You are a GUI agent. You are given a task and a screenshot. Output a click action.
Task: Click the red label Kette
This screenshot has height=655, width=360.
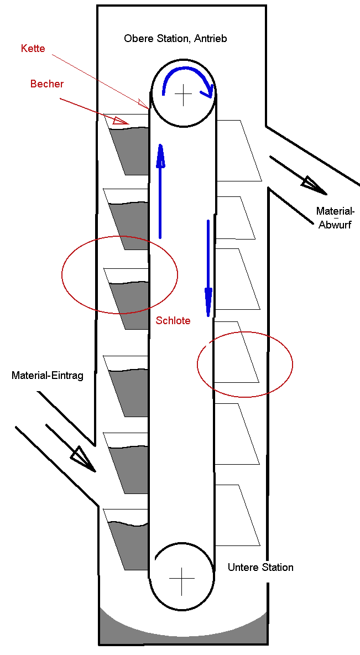[x=33, y=49]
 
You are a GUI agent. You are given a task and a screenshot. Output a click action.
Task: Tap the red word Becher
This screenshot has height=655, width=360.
[x=47, y=84]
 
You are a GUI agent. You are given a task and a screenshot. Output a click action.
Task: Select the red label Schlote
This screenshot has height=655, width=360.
[x=173, y=320]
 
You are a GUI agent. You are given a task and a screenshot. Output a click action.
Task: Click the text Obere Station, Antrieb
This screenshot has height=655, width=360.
[x=175, y=39]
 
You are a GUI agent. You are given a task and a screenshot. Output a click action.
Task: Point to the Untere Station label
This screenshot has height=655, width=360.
[x=260, y=568]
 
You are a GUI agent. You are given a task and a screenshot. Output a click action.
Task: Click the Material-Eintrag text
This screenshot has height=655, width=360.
[x=48, y=376]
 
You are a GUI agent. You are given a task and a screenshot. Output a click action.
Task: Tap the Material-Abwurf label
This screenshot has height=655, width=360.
[x=335, y=218]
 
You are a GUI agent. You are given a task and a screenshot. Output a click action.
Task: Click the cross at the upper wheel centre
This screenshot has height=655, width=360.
[x=182, y=95]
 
